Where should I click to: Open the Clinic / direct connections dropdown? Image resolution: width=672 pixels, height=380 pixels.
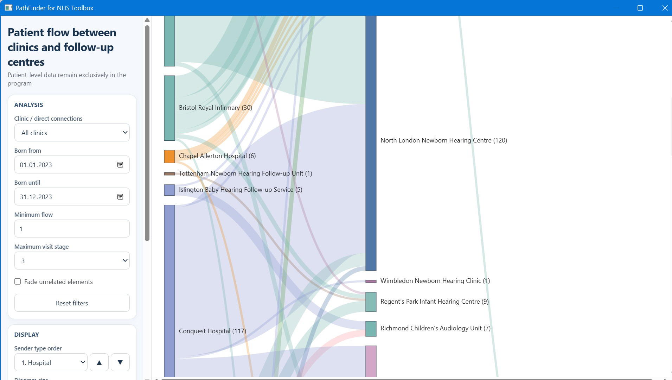point(72,133)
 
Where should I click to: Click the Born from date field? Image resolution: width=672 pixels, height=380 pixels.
point(72,165)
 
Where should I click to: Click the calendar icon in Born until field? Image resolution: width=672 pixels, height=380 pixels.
point(120,197)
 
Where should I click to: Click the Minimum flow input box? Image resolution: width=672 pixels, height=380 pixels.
point(72,229)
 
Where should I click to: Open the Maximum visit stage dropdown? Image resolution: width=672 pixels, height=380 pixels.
point(72,261)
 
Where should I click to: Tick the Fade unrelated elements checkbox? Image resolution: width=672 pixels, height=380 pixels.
point(18,281)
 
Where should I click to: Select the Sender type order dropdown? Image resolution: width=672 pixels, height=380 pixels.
point(51,362)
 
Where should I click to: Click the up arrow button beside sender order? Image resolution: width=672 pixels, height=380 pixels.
point(99,362)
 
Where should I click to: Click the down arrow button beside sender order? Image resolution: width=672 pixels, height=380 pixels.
point(120,362)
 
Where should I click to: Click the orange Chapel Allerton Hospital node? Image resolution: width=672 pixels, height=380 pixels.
point(169,157)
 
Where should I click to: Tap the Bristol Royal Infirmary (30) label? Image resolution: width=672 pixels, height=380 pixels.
point(216,108)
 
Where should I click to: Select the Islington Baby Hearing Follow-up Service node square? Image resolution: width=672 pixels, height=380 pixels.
point(169,190)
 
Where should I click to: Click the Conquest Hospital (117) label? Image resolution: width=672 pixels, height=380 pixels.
point(212,331)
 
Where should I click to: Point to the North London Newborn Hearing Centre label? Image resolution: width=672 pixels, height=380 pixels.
point(444,140)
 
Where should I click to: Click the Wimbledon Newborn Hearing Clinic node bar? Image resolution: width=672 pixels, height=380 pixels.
point(371,281)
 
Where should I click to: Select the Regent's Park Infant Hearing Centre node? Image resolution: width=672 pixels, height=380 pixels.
point(371,302)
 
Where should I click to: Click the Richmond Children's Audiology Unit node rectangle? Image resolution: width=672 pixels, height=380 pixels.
point(371,329)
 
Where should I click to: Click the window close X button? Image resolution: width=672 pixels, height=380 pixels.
point(665,8)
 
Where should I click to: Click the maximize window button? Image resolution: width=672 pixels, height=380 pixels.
point(640,8)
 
